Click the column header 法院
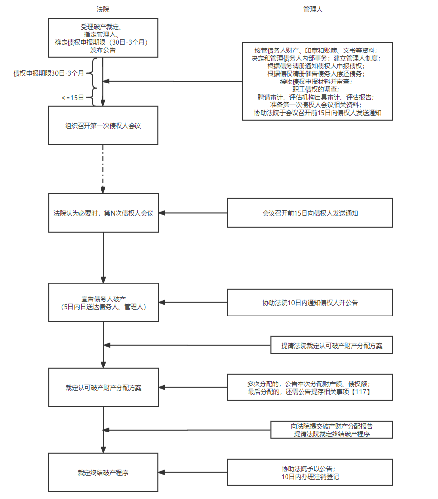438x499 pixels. click(103, 9)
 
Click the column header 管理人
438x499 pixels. click(313, 9)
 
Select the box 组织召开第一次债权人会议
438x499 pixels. click(103, 125)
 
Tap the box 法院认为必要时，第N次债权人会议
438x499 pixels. click(103, 213)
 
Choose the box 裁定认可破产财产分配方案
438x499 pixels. click(103, 388)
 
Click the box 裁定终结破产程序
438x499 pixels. click(103, 472)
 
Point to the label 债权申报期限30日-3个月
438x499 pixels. click(49, 73)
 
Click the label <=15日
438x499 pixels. click(73, 98)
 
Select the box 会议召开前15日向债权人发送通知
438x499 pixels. click(310, 213)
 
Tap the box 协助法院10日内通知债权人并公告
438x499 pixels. click(310, 302)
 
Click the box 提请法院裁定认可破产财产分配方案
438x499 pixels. click(332, 346)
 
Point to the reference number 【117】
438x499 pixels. click(362, 392)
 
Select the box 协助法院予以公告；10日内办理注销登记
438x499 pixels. click(310, 472)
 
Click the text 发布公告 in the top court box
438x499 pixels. click(103, 50)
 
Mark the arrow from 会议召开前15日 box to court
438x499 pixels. click(194, 213)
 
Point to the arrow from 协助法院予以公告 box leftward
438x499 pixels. click(194, 472)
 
